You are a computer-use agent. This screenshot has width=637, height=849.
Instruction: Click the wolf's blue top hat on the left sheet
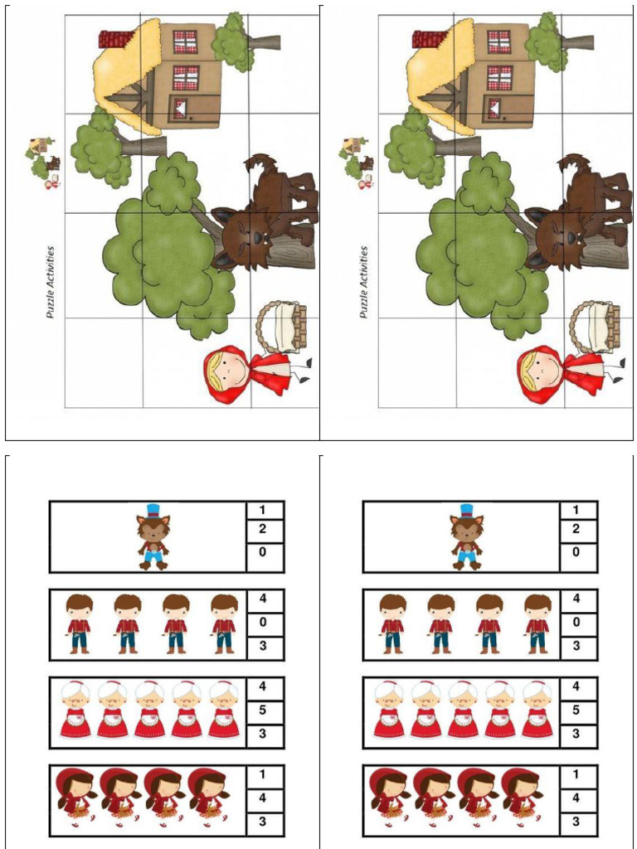point(153,510)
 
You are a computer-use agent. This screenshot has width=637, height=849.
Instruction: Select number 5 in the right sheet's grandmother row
point(576,710)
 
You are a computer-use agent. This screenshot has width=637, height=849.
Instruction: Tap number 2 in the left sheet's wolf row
point(263,528)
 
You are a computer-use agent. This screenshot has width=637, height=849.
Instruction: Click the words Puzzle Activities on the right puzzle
point(364,282)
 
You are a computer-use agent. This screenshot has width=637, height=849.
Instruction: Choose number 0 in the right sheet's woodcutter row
point(576,622)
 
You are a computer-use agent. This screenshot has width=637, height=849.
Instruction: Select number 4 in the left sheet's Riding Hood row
point(263,798)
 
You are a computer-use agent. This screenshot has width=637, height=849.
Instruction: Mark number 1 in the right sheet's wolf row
point(576,510)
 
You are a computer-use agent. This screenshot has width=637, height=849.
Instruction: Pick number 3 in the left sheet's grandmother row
point(263,734)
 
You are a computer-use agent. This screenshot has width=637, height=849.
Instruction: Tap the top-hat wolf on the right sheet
point(467,536)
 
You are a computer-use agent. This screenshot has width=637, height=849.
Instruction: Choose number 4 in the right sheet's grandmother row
point(576,686)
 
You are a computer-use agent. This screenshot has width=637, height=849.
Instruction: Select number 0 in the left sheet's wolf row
point(263,552)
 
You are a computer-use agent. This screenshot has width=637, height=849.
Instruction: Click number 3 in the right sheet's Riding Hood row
point(576,822)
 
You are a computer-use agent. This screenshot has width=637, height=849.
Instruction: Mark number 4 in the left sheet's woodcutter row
point(263,599)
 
